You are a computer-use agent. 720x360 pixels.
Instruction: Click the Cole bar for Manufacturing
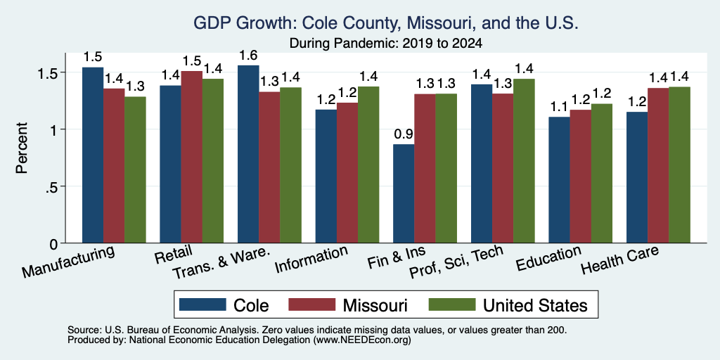(x=93, y=155)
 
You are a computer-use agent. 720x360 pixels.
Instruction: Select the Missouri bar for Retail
(x=191, y=157)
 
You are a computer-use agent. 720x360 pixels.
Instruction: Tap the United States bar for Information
(x=368, y=165)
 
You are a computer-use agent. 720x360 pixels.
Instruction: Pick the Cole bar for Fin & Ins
(x=404, y=194)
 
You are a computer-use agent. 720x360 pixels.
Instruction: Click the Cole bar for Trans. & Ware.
(x=248, y=154)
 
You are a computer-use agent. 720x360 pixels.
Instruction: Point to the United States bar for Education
(x=602, y=174)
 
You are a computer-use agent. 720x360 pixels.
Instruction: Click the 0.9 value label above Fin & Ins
(x=404, y=134)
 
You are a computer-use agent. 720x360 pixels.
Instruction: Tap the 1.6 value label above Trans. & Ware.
(x=248, y=55)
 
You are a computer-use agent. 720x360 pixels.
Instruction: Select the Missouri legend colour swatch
(x=311, y=304)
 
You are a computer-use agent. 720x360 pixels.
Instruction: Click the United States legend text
(x=535, y=305)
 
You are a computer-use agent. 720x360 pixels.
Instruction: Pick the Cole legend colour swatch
(x=202, y=304)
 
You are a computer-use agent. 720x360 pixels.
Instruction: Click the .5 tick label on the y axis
(x=55, y=186)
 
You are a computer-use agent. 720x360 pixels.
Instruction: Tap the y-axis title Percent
(x=22, y=148)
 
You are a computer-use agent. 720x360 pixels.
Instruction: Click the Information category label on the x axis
(x=311, y=259)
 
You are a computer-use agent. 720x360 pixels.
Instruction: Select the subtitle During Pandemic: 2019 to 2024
(x=386, y=44)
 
